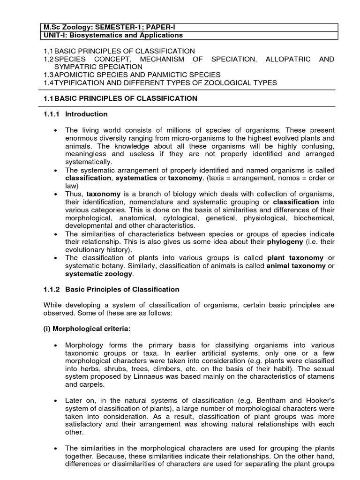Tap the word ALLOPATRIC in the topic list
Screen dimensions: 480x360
[285, 59]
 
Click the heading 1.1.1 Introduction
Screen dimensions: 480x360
[75, 114]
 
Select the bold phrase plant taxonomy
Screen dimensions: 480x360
[295, 258]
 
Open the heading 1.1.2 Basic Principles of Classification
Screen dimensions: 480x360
[111, 290]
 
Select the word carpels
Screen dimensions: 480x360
[92, 384]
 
